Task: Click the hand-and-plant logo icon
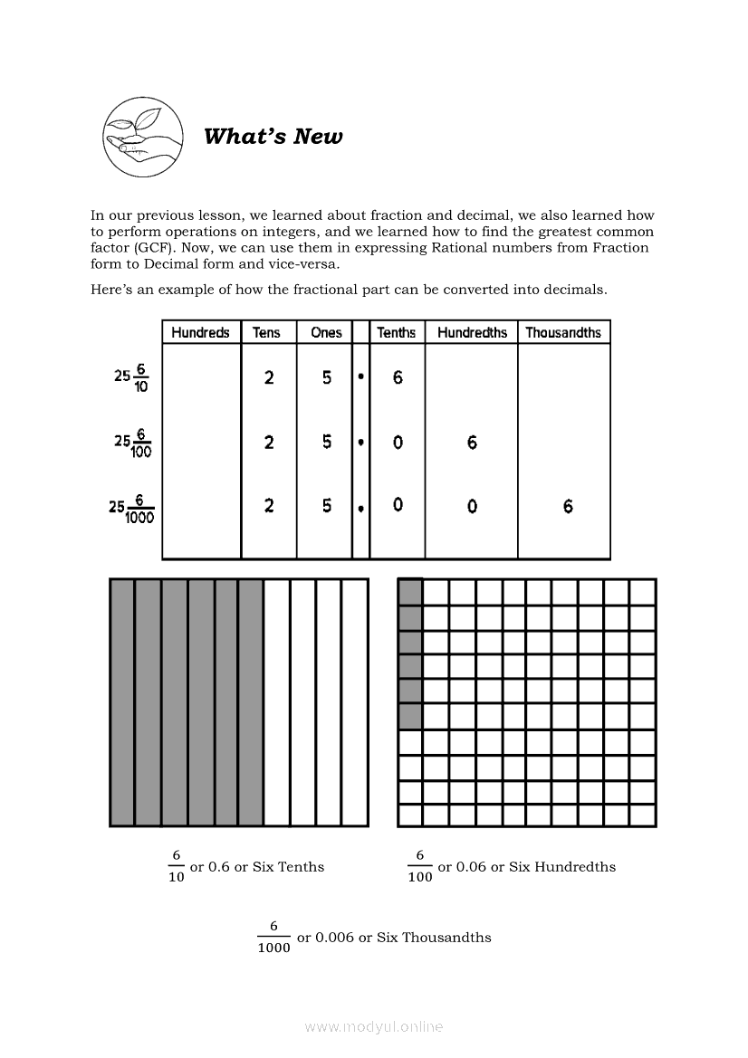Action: click(x=142, y=137)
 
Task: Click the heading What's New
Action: click(x=273, y=137)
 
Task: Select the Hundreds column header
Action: click(x=200, y=333)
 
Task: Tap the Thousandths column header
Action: click(x=563, y=333)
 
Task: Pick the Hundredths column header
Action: click(x=472, y=333)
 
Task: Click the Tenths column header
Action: click(x=396, y=333)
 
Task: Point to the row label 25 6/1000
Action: click(x=132, y=509)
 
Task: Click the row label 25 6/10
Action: click(x=131, y=377)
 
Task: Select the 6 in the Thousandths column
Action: click(x=568, y=507)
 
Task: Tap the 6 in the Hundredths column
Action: click(x=472, y=443)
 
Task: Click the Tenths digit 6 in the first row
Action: click(x=398, y=377)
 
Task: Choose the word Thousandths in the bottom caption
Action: click(x=446, y=938)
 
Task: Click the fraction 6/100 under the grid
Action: click(x=420, y=867)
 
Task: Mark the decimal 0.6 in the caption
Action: click(x=219, y=867)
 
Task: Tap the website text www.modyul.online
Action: click(x=374, y=1027)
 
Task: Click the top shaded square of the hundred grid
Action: click(x=410, y=592)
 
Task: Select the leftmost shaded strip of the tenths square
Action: click(x=122, y=702)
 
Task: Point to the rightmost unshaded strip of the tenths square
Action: click(x=355, y=702)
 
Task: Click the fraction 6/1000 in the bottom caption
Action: click(x=274, y=938)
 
